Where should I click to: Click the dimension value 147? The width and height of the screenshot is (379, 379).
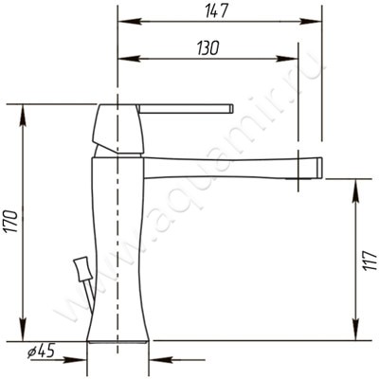[216, 12]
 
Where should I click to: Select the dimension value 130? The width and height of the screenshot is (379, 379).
[208, 48]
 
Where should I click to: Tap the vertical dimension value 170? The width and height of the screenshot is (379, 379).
[12, 221]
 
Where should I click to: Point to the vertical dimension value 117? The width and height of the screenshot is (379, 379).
[370, 261]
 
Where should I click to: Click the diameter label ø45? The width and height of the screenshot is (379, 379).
[41, 351]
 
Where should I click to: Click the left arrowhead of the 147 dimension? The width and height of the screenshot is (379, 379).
[129, 22]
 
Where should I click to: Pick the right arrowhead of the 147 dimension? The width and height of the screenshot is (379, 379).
[311, 22]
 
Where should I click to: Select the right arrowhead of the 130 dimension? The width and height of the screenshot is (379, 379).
[287, 59]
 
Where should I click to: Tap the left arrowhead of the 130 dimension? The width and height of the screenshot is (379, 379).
[129, 59]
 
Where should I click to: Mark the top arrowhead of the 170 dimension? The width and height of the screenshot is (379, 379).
[23, 116]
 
